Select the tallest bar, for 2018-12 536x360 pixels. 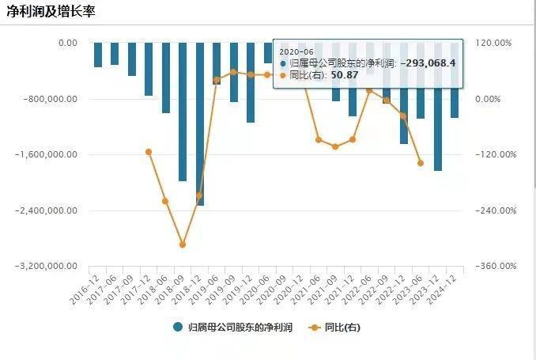(x=199, y=124)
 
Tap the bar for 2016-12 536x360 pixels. (x=97, y=55)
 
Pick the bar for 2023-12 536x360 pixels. (x=437, y=107)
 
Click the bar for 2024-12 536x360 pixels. (x=455, y=80)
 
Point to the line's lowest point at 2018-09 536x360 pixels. (x=183, y=244)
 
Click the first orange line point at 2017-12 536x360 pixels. (x=149, y=152)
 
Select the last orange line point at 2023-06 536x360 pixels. (x=421, y=163)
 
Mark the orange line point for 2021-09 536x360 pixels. (x=335, y=147)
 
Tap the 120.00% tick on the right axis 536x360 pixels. (x=493, y=43)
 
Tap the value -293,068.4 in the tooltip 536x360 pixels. (x=428, y=62)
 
